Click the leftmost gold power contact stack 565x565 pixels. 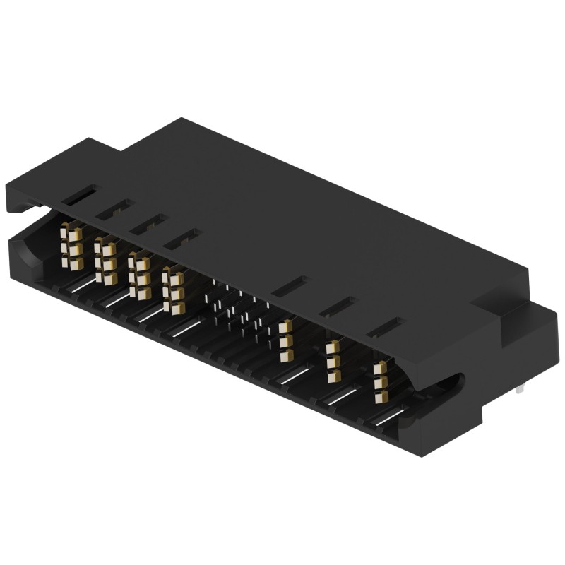pyautogui.click(x=71, y=247)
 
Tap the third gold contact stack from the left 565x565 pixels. pyautogui.click(x=139, y=275)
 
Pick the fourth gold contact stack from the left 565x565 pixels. pyautogui.click(x=172, y=290)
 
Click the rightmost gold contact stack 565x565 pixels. pyautogui.click(x=381, y=381)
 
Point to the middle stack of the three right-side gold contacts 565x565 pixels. pyautogui.click(x=333, y=360)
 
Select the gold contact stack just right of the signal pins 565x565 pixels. pyautogui.click(x=285, y=340)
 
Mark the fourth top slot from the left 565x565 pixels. pyautogui.click(x=183, y=238)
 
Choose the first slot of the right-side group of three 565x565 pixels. pyautogui.click(x=291, y=285)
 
